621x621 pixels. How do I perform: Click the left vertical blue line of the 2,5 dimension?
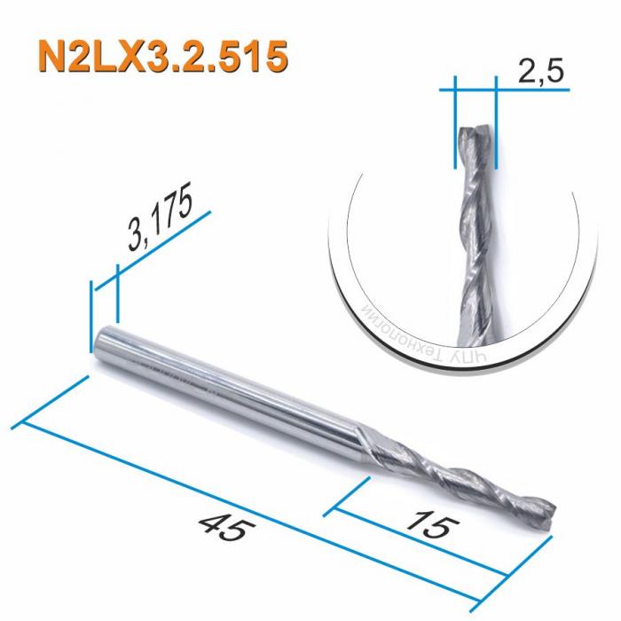pos(454,120)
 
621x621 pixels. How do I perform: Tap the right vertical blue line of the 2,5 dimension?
pos(495,120)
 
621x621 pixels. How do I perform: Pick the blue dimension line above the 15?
pos(435,544)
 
